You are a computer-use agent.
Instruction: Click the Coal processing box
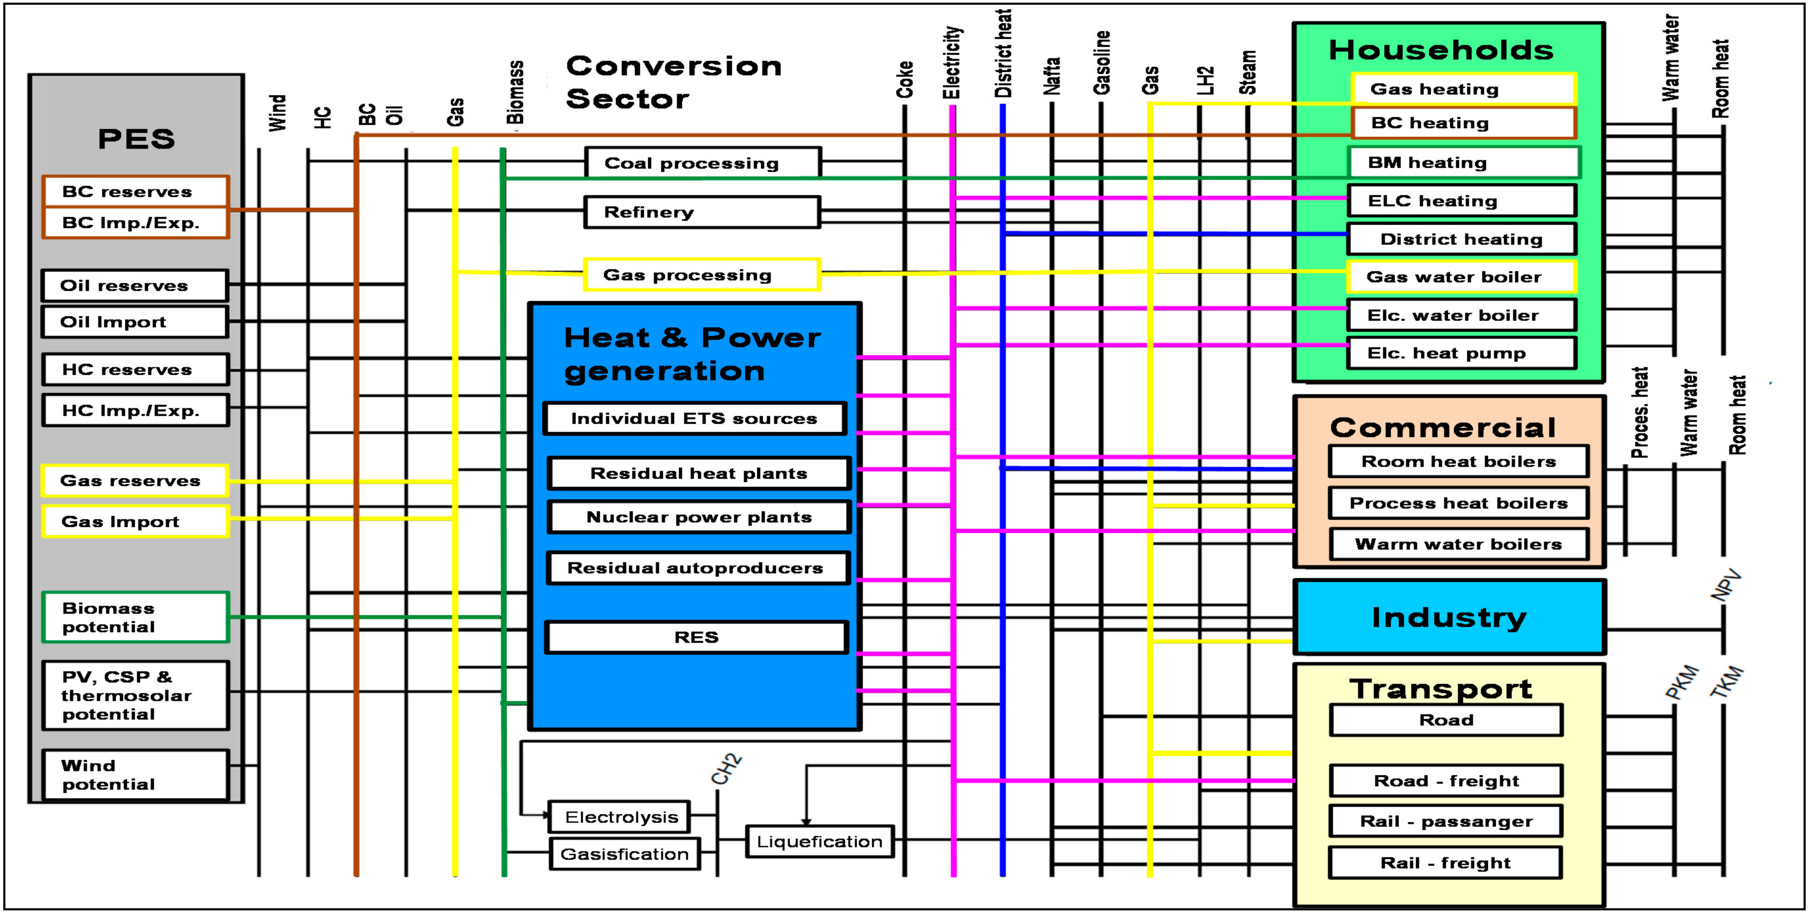(x=702, y=163)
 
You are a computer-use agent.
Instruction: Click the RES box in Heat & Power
(x=697, y=637)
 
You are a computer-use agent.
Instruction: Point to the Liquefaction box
(x=819, y=842)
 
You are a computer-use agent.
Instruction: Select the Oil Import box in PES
(x=135, y=322)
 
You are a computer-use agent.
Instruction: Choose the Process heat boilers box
(x=1459, y=503)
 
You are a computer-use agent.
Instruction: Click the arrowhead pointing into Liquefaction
(x=806, y=821)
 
